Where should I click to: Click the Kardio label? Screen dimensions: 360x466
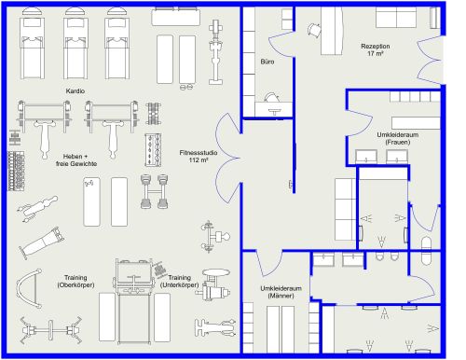pyautogui.click(x=75, y=90)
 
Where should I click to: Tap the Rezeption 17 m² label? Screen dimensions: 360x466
pyautogui.click(x=375, y=50)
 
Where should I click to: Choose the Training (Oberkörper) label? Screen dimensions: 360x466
pyautogui.click(x=76, y=281)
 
